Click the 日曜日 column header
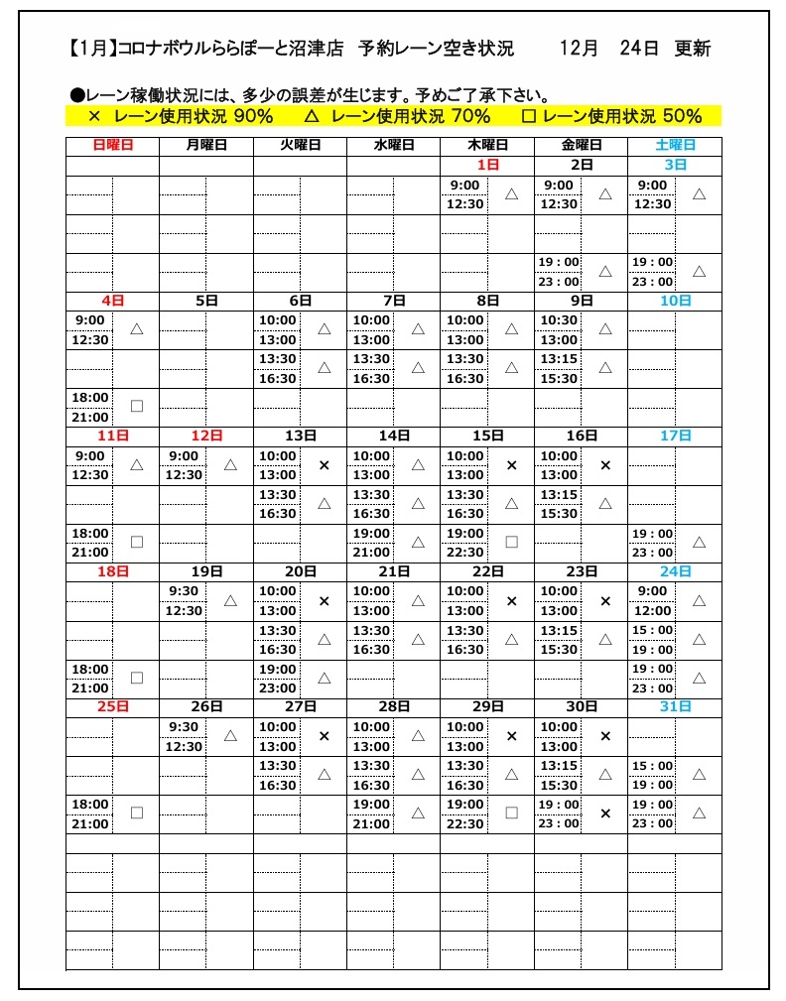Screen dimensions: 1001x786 tap(112, 145)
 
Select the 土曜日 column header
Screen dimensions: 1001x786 tap(675, 145)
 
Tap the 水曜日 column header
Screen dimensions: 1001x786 tap(394, 145)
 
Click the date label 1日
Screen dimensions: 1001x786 tap(487, 165)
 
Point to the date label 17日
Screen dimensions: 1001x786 tap(675, 436)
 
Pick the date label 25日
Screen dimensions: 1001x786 tap(112, 706)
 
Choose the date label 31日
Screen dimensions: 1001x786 tap(675, 706)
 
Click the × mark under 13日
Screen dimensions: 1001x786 tap(324, 464)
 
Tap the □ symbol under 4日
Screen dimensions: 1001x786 tap(137, 406)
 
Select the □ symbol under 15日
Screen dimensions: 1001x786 tap(512, 542)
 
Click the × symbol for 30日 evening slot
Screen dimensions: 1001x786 tap(605, 813)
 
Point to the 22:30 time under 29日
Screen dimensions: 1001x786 tap(464, 823)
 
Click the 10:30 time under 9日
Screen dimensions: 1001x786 tap(559, 319)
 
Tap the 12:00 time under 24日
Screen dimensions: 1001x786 tap(652, 610)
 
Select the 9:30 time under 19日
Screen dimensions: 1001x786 tap(184, 590)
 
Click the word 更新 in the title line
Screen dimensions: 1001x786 tap(693, 49)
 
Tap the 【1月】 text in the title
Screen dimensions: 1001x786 tap(93, 49)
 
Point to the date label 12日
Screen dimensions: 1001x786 tap(206, 436)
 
